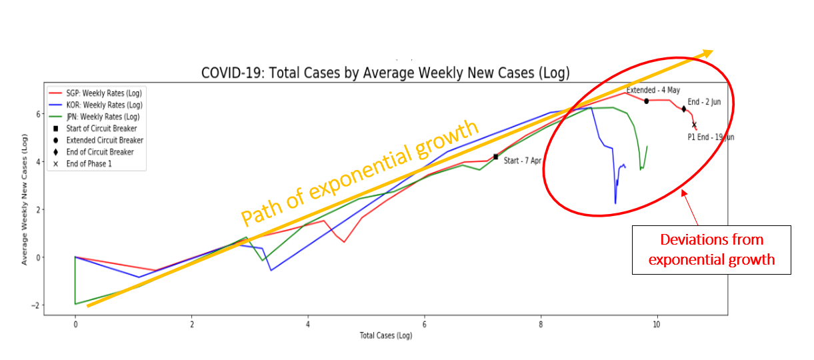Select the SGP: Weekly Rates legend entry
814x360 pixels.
click(x=104, y=93)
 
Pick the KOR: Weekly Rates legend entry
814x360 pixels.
click(x=104, y=105)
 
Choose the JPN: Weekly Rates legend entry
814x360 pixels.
click(x=103, y=117)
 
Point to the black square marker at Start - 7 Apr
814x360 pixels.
click(x=495, y=157)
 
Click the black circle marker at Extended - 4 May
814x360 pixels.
click(x=647, y=101)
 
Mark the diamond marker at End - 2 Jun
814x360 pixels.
click(x=684, y=109)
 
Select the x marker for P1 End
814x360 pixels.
click(x=694, y=125)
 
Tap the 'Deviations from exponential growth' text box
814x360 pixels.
click(x=711, y=249)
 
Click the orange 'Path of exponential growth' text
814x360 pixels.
click(x=360, y=173)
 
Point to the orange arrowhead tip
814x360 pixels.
click(x=713, y=51)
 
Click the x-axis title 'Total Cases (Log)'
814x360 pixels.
click(x=385, y=335)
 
